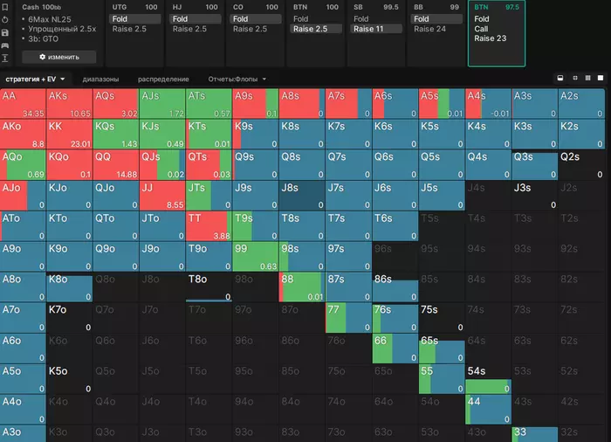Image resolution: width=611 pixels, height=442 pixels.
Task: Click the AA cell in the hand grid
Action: pyautogui.click(x=23, y=103)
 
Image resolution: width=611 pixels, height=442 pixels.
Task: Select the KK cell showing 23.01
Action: pyautogui.click(x=69, y=134)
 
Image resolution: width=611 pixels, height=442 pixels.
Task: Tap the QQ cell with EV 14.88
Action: pyautogui.click(x=115, y=164)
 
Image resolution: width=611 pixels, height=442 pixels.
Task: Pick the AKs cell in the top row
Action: pyautogui.click(x=69, y=103)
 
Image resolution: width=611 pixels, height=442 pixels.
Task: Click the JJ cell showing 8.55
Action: pyautogui.click(x=161, y=195)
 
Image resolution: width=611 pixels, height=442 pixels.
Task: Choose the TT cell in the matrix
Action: pyautogui.click(x=208, y=225)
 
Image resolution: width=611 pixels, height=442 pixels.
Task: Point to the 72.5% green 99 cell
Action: pyautogui.click(x=254, y=256)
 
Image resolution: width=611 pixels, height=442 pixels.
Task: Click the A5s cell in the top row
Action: pyautogui.click(x=440, y=103)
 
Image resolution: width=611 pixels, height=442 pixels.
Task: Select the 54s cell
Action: pyautogui.click(x=486, y=378)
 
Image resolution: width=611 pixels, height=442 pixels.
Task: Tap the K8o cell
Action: pyautogui.click(x=69, y=287)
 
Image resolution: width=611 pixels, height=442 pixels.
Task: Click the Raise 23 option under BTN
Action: pyautogui.click(x=490, y=38)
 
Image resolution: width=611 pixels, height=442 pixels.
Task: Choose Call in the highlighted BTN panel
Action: pyautogui.click(x=482, y=29)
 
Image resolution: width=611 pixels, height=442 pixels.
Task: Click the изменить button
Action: pyautogui.click(x=66, y=57)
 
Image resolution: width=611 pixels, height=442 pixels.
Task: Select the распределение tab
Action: pyautogui.click(x=162, y=79)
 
